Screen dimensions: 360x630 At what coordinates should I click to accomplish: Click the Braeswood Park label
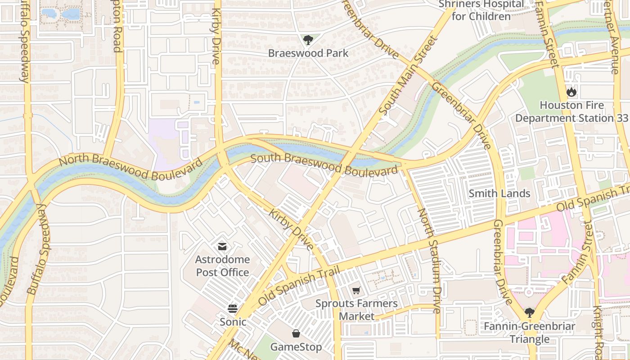click(308, 53)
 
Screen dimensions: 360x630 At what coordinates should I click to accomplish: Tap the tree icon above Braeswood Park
click(308, 40)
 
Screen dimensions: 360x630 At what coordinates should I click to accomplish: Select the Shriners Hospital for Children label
click(481, 10)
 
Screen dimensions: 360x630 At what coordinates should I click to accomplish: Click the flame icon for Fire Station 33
click(571, 92)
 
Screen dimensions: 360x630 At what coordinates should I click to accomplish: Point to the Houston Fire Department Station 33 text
click(571, 112)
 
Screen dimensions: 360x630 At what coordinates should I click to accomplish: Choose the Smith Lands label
click(499, 193)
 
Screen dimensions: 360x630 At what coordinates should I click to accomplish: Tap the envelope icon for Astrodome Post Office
click(222, 246)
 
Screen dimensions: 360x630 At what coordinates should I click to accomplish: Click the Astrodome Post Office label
click(222, 266)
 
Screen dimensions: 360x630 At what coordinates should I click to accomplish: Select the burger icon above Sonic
click(233, 309)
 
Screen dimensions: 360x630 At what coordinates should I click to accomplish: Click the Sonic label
click(233, 322)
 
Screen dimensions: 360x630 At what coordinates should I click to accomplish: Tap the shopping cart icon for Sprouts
click(356, 291)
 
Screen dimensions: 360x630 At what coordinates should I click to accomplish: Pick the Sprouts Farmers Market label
click(356, 310)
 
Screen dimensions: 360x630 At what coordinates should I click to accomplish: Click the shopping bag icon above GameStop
click(296, 333)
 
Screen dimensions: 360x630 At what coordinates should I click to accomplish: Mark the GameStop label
click(296, 347)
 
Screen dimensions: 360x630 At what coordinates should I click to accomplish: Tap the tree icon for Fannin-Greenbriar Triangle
click(529, 312)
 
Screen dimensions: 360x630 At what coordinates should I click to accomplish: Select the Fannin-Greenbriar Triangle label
click(529, 333)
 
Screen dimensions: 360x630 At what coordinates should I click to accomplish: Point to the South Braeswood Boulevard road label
click(324, 165)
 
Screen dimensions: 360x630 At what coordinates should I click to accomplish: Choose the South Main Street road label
click(409, 75)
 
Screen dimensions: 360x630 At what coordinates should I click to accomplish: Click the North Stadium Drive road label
click(429, 261)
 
